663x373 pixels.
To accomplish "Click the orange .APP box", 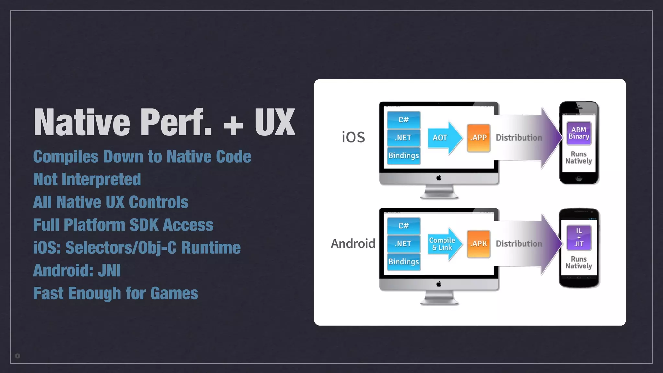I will [x=478, y=138].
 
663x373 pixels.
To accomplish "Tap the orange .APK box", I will [x=478, y=244].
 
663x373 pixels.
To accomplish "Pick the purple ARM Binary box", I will [x=579, y=133].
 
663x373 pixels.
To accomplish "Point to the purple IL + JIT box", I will [x=579, y=238].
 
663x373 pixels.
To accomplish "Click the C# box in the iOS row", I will [x=403, y=120].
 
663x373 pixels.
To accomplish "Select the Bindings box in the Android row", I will [x=403, y=262].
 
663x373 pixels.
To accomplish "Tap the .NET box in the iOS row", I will [x=403, y=138].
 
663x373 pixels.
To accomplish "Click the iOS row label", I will [x=353, y=137].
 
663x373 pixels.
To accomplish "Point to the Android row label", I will [x=353, y=243].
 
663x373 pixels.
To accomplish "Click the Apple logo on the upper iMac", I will [x=439, y=178].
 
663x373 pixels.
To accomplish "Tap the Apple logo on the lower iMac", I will [x=439, y=284].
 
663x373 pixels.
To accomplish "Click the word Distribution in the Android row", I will [x=519, y=244].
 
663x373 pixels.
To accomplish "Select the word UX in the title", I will [x=275, y=122].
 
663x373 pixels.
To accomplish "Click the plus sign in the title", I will [x=233, y=125].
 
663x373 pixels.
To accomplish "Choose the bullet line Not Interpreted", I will [x=87, y=179].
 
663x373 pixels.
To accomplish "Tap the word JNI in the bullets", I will [x=109, y=270].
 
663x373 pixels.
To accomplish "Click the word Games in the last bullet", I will [x=174, y=293].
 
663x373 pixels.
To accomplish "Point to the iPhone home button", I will [x=579, y=178].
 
